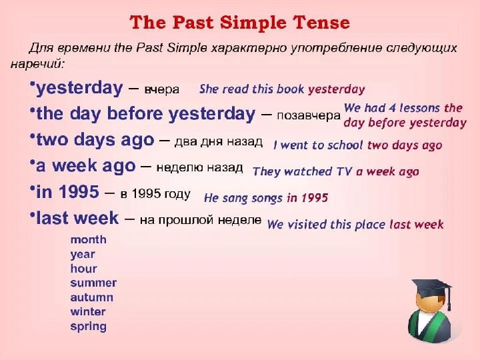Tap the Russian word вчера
pos(161,90)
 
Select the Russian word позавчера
pos(309,116)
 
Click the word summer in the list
pos(93,283)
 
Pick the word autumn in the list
pos(92,297)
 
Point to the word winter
pos(88,311)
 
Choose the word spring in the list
pos(89,327)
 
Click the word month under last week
pos(89,239)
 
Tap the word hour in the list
pos(83,269)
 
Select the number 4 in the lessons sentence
pos(393,108)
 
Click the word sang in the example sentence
pos(235,199)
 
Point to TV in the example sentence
pos(345,171)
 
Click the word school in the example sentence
pos(345,145)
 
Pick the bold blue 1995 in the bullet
pos(79,192)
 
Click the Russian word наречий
pos(37,64)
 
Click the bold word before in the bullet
pos(135,114)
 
